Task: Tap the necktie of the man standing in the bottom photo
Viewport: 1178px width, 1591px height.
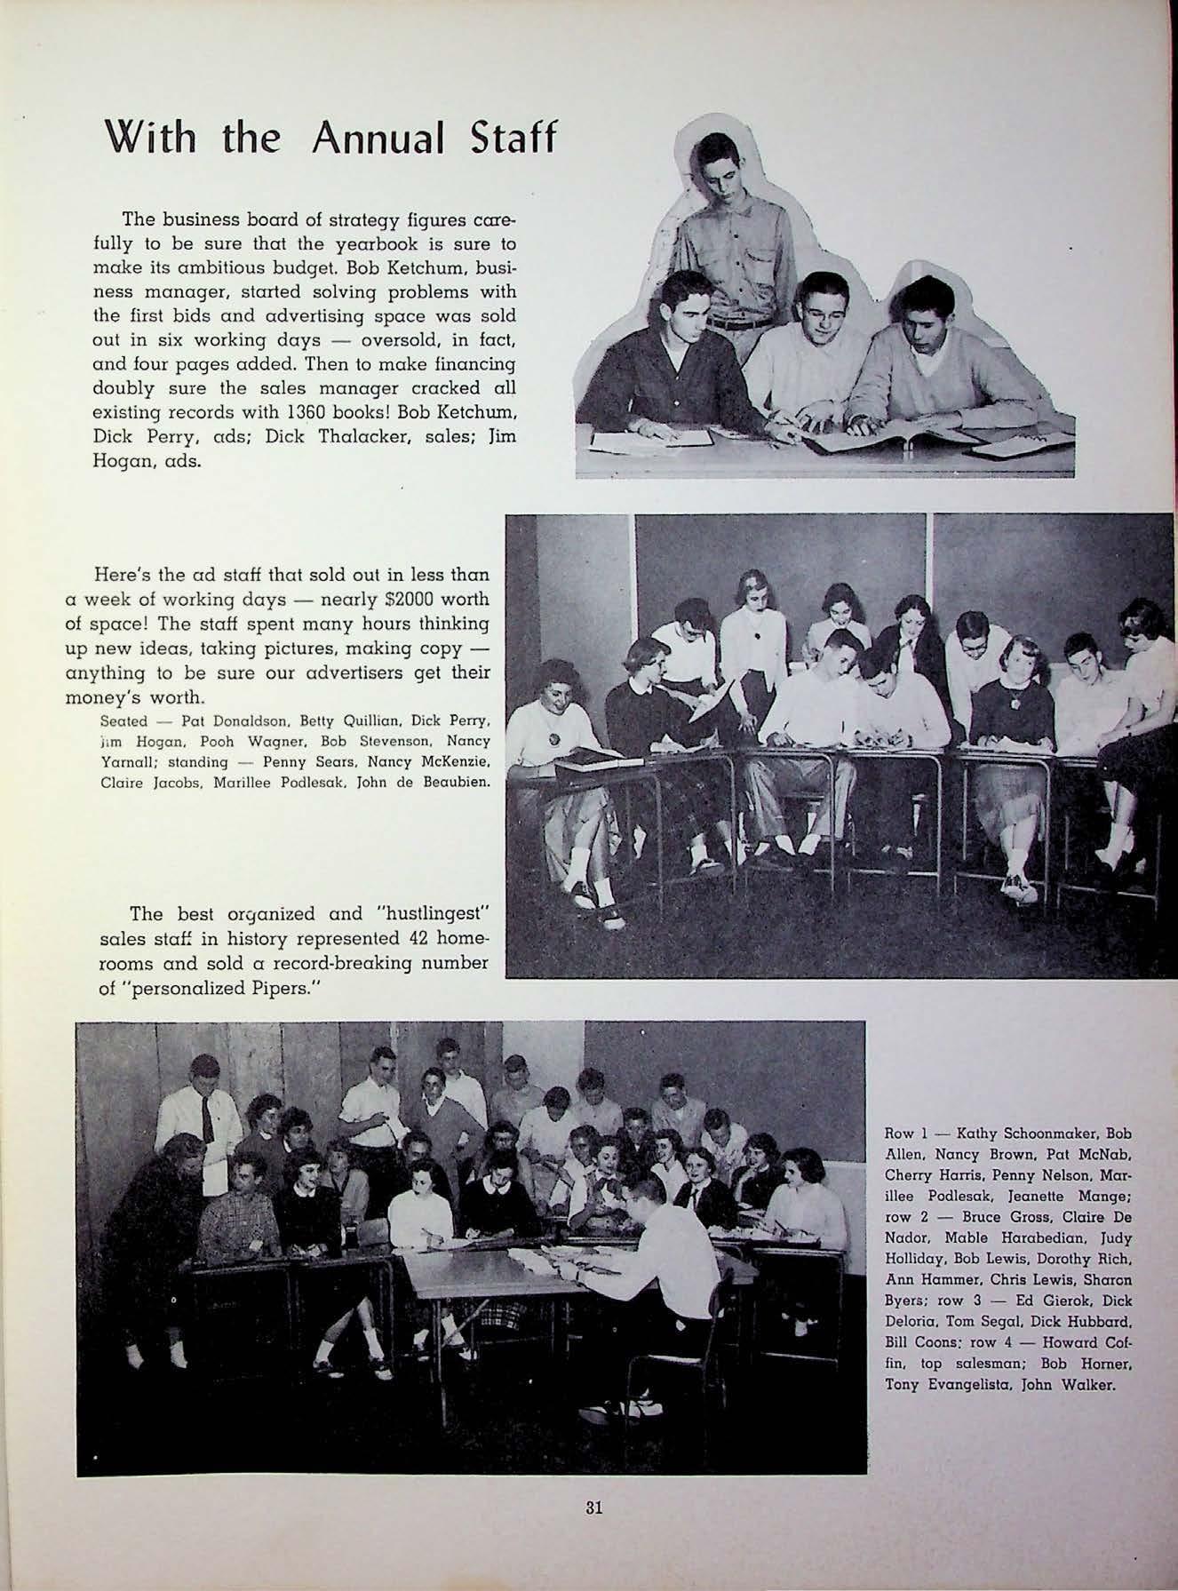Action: tap(207, 1115)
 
